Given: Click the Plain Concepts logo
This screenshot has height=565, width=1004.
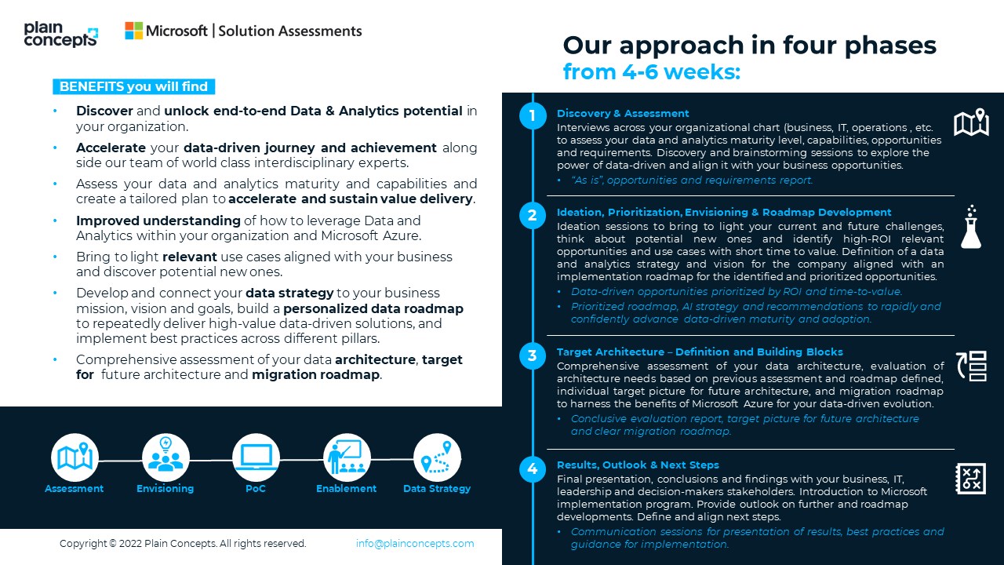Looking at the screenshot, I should click(x=60, y=35).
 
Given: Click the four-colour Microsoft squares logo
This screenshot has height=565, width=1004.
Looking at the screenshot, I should click(x=134, y=31).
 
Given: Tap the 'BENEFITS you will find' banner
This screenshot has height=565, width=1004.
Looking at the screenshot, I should click(x=133, y=86).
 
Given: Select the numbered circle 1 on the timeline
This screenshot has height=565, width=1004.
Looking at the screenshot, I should click(x=533, y=116).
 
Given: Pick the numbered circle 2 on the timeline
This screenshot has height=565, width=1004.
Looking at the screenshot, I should click(x=533, y=216).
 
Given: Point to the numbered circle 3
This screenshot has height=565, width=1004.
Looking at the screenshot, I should click(x=533, y=355).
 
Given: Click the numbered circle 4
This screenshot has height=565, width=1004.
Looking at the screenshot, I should click(x=533, y=469).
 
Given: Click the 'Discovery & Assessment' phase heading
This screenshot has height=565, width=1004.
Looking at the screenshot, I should click(x=623, y=113).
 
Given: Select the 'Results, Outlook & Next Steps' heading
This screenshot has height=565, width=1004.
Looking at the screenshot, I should click(x=638, y=465).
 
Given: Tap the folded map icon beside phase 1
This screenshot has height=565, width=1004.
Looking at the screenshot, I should click(x=971, y=123).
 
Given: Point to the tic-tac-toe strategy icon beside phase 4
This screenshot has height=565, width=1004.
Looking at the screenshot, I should click(x=971, y=478).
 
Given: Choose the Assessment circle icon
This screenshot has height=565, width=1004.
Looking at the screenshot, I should click(x=75, y=457).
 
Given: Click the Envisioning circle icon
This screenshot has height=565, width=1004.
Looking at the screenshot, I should click(x=166, y=457).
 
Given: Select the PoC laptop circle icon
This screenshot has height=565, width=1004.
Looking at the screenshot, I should click(x=256, y=457).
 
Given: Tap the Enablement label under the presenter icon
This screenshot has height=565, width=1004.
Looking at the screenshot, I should click(x=346, y=489).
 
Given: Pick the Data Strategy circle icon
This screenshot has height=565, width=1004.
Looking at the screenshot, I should click(x=437, y=457).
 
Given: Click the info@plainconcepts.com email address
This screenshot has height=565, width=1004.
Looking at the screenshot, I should click(x=415, y=543).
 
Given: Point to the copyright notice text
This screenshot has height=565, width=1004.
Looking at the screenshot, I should click(x=183, y=543).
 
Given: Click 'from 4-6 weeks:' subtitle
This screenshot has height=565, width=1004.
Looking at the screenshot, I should click(x=651, y=72).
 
